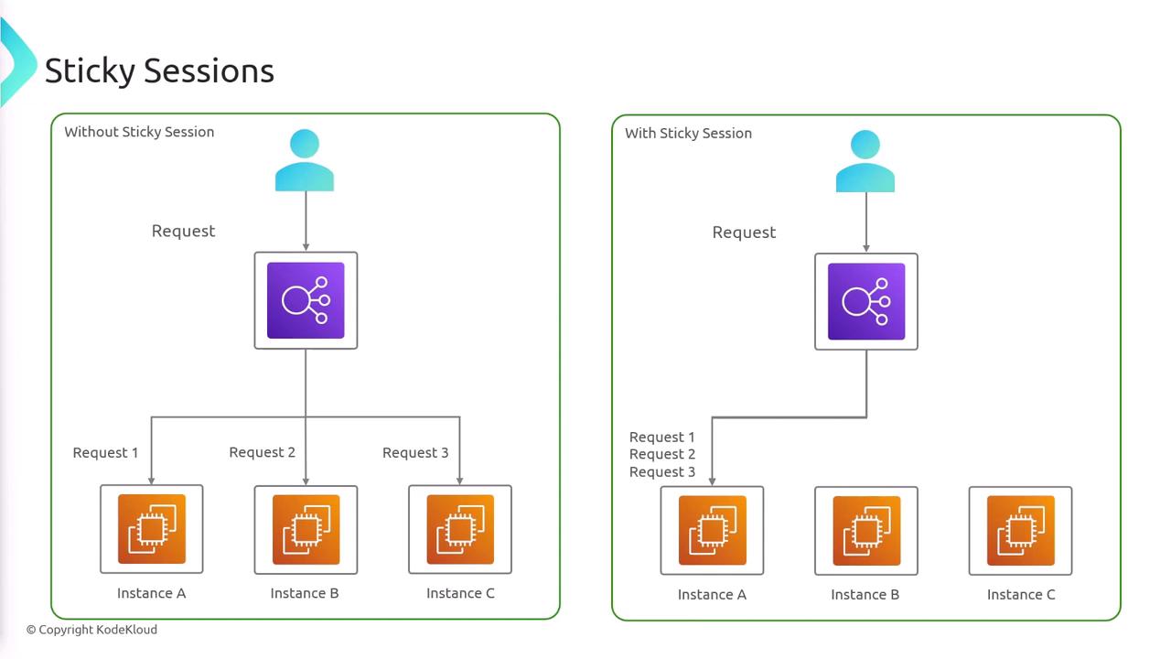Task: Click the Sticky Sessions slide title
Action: tap(159, 70)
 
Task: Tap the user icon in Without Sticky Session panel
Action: tap(305, 161)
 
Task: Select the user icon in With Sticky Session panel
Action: tap(865, 162)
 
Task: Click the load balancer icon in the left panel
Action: tap(306, 300)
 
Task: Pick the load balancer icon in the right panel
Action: tap(866, 301)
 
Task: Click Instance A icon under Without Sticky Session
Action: tap(152, 529)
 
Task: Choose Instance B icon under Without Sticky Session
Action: tap(306, 529)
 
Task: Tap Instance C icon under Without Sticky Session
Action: tap(460, 529)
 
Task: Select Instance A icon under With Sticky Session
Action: tap(713, 531)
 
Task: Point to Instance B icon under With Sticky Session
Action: tap(866, 531)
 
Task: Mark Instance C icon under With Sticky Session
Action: tap(1021, 531)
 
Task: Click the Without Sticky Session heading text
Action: tap(139, 132)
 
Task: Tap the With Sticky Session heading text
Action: tap(688, 134)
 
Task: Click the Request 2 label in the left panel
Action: tap(262, 452)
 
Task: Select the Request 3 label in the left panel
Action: tap(415, 452)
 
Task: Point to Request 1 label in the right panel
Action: tap(662, 438)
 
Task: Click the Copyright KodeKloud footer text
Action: tap(91, 630)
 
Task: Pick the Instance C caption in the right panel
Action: tap(1021, 595)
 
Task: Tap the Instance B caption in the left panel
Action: tap(305, 593)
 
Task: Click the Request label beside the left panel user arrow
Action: tap(183, 231)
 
